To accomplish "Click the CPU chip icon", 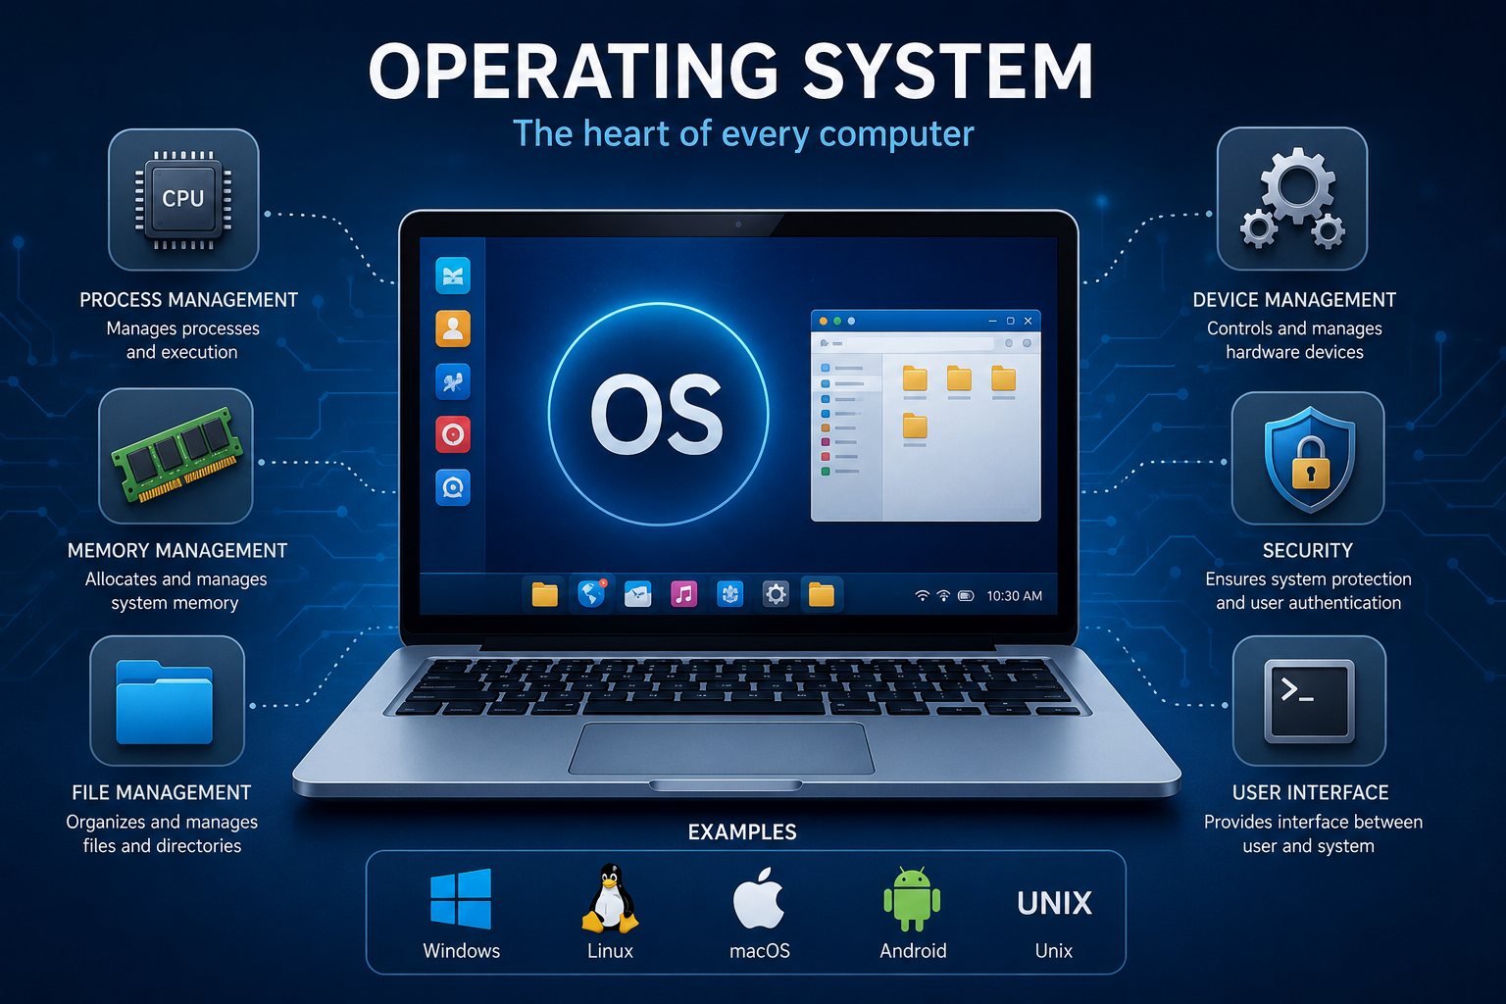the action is [183, 199].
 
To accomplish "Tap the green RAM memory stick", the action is [177, 455].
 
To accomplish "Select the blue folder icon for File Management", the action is [164, 702].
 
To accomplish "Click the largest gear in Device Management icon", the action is [1297, 186].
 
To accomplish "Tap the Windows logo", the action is [461, 898].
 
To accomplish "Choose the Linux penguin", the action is [610, 898].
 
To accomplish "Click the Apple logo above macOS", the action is [758, 898].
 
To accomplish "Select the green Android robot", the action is [912, 899].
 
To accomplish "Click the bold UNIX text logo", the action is [1054, 903].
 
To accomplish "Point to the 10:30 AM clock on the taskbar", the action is [1014, 596].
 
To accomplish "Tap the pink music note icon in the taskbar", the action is [683, 594].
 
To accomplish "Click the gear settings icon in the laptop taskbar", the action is [776, 594].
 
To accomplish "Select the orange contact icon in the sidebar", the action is [452, 328].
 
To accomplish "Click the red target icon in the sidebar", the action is [452, 434].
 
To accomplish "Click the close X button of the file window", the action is [1028, 321].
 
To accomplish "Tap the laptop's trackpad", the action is [722, 748].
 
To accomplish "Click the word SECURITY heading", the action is [1308, 551].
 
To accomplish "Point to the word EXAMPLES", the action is [742, 831].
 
